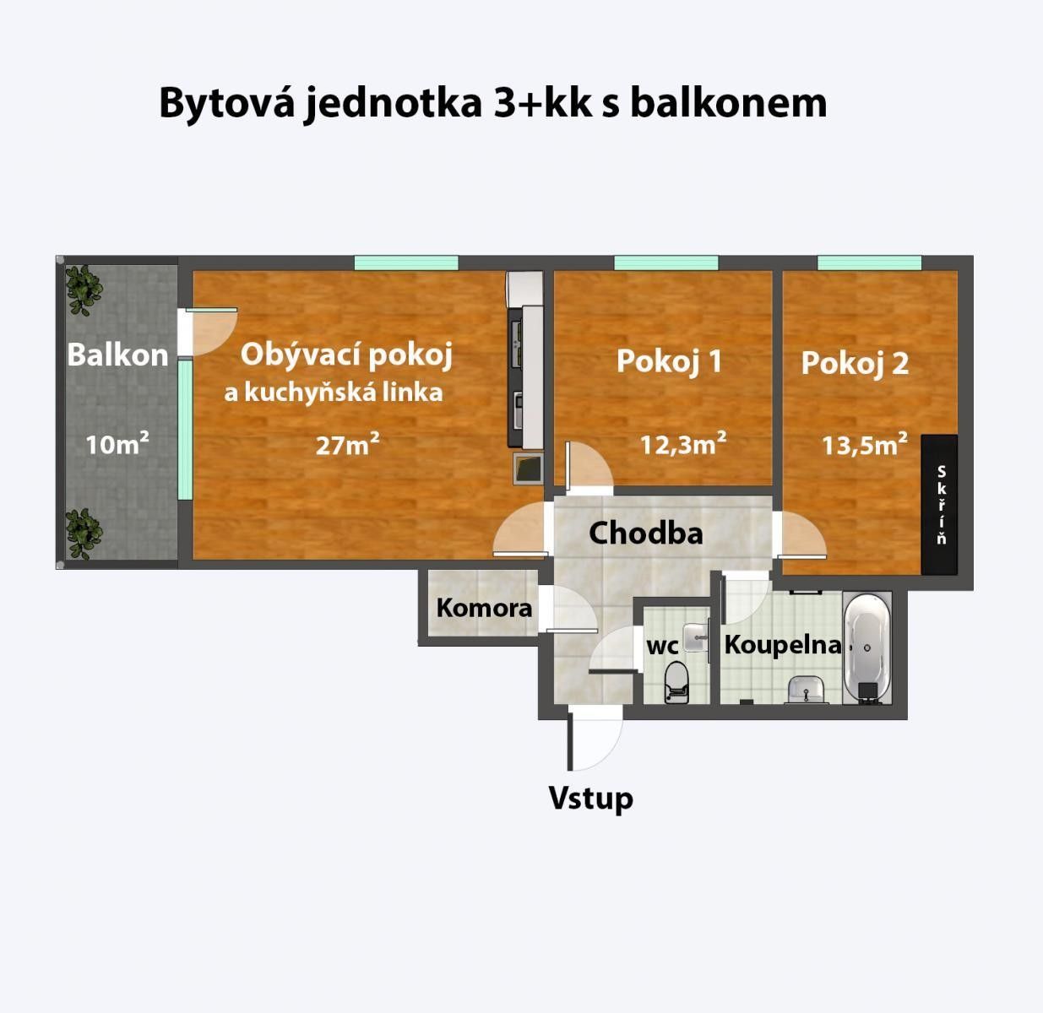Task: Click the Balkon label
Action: pyautogui.click(x=117, y=355)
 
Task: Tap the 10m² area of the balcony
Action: pyautogui.click(x=117, y=442)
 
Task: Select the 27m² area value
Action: pyautogui.click(x=347, y=444)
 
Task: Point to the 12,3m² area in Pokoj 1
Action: pyautogui.click(x=683, y=443)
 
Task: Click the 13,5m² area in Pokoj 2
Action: pyautogui.click(x=865, y=444)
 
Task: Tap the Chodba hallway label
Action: pyautogui.click(x=645, y=533)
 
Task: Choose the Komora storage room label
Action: pyautogui.click(x=484, y=607)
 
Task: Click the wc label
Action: pyautogui.click(x=662, y=647)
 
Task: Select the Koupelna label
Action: pyautogui.click(x=783, y=645)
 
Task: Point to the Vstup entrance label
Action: pyautogui.click(x=590, y=798)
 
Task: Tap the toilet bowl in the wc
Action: pyautogui.click(x=676, y=682)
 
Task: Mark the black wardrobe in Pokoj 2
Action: pyautogui.click(x=939, y=504)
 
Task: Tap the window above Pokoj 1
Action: pyautogui.click(x=665, y=263)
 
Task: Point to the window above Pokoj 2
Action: pyautogui.click(x=869, y=263)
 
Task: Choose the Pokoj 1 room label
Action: pyautogui.click(x=669, y=361)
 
